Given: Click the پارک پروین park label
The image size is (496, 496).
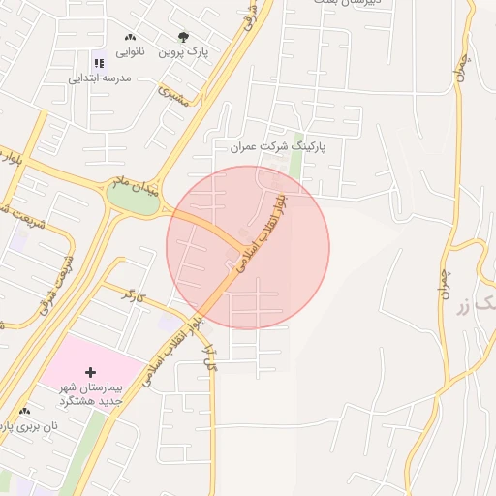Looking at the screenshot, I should tap(185, 51).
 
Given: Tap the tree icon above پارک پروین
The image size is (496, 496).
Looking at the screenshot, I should tap(183, 37).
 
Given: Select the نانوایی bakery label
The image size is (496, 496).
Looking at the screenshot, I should tap(130, 51).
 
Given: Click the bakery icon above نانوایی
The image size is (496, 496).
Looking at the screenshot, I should tap(130, 37).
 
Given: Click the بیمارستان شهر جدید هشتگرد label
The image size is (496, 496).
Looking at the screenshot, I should tap(89, 392).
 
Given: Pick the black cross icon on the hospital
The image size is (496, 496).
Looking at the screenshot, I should tap(91, 372).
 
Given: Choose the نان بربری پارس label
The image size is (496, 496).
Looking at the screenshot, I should tap(29, 425).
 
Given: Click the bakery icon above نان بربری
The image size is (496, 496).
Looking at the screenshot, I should tap(24, 411).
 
